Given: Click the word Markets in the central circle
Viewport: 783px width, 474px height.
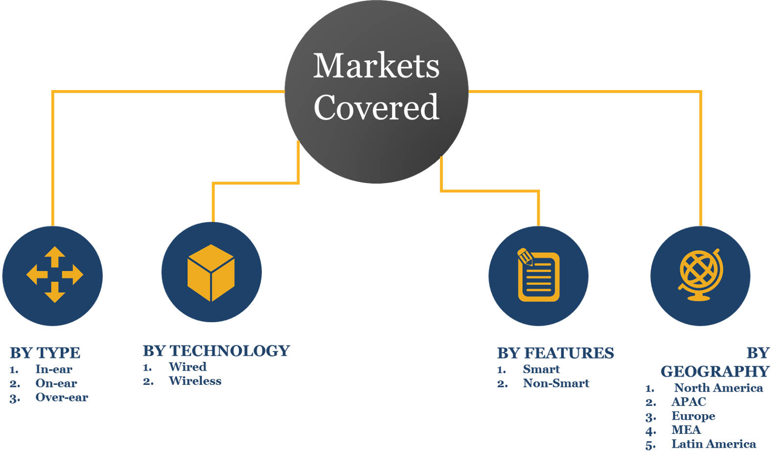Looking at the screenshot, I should (x=376, y=66).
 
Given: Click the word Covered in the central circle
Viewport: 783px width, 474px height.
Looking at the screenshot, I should (x=376, y=108).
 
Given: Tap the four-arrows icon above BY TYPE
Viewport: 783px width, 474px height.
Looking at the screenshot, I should (x=54, y=275).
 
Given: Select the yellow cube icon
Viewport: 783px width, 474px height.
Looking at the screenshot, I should (x=211, y=272).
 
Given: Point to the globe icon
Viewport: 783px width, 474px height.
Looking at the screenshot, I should (x=701, y=275).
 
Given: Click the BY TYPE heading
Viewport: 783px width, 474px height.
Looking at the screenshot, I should (x=45, y=353).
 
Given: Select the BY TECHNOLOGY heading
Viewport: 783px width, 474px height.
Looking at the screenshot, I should (x=216, y=351).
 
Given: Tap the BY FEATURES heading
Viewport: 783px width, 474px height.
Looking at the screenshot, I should (x=555, y=353).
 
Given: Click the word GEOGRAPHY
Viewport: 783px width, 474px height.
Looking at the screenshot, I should (x=715, y=371).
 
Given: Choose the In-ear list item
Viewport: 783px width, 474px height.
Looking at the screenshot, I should (x=54, y=369).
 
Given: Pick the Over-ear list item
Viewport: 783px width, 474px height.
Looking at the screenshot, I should (x=62, y=397).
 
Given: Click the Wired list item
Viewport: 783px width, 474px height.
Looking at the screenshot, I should (x=187, y=367).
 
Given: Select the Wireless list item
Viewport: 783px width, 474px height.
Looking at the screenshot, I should (x=195, y=381).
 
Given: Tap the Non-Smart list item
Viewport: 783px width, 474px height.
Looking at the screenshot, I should (x=556, y=383).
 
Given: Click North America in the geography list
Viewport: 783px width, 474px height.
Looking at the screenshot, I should (x=718, y=388).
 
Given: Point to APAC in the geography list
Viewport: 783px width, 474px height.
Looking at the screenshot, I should (x=689, y=402).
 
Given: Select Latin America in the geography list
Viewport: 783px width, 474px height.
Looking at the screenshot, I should (x=714, y=444).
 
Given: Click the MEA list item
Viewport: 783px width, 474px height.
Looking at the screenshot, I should (x=686, y=429).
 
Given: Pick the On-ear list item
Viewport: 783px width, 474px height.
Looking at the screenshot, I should (x=56, y=383).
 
